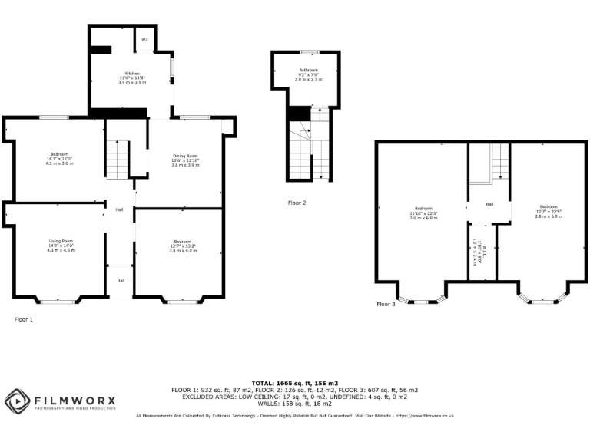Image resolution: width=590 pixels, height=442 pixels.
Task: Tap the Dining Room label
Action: coord(185,157)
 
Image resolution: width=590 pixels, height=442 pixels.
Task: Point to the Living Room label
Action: coord(61,241)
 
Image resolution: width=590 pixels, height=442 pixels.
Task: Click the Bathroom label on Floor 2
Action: coord(307,71)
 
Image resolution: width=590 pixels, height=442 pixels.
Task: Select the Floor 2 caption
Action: coord(297,203)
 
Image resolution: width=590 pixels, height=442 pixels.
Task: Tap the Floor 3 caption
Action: coord(386,304)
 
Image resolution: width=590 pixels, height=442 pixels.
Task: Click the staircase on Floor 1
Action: coord(115,160)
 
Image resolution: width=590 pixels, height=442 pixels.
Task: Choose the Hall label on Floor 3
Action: coord(489,204)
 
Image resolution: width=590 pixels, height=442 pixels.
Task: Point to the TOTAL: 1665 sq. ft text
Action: coord(295,382)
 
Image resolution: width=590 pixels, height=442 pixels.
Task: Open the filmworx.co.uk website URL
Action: coord(423,416)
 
